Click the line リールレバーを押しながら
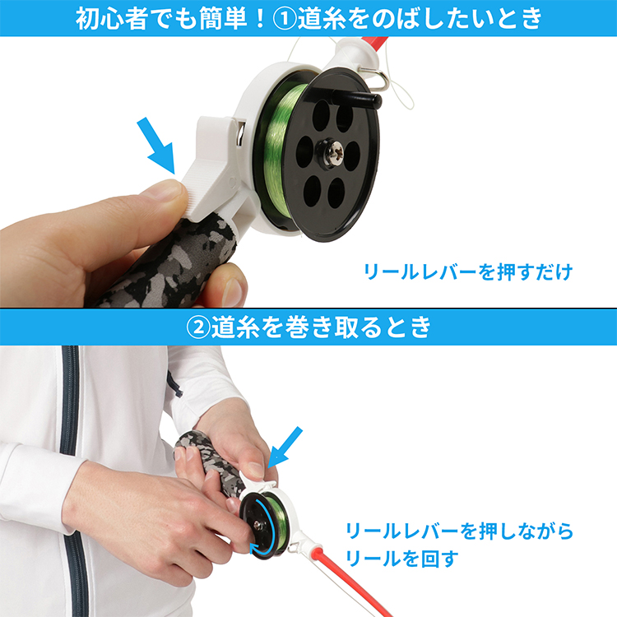[x=458, y=531]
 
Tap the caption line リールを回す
[x=402, y=559]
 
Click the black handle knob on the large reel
[x=365, y=100]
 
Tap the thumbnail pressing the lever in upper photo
[x=169, y=191]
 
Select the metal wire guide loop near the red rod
[x=375, y=79]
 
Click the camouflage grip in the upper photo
[x=165, y=263]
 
